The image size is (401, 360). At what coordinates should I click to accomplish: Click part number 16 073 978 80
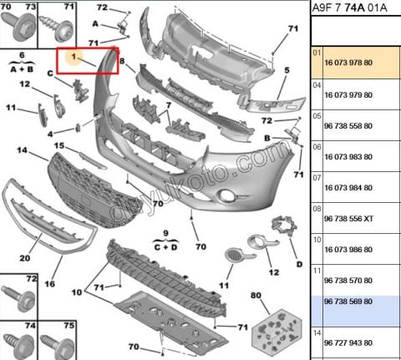348,63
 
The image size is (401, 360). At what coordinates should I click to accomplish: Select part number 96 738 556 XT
348,219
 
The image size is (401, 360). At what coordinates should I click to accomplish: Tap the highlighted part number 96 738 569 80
348,302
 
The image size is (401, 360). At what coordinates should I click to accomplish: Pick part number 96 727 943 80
348,342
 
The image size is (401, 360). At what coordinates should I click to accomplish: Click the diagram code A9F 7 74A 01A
349,8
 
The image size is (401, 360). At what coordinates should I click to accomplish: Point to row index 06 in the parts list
317,147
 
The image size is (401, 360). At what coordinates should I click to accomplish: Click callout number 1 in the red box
74,57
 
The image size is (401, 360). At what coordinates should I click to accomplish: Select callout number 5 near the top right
287,70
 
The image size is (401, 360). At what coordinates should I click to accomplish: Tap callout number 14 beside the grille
23,150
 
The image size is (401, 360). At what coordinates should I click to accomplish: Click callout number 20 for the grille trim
25,258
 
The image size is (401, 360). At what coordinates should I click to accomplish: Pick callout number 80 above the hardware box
256,295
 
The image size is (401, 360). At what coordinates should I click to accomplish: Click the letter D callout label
299,264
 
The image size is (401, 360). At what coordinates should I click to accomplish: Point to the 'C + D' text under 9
165,247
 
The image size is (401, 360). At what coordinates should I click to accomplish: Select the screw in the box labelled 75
58,345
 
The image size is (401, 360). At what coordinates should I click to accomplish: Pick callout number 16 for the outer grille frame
50,284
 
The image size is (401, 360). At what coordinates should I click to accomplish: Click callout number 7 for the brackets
169,106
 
